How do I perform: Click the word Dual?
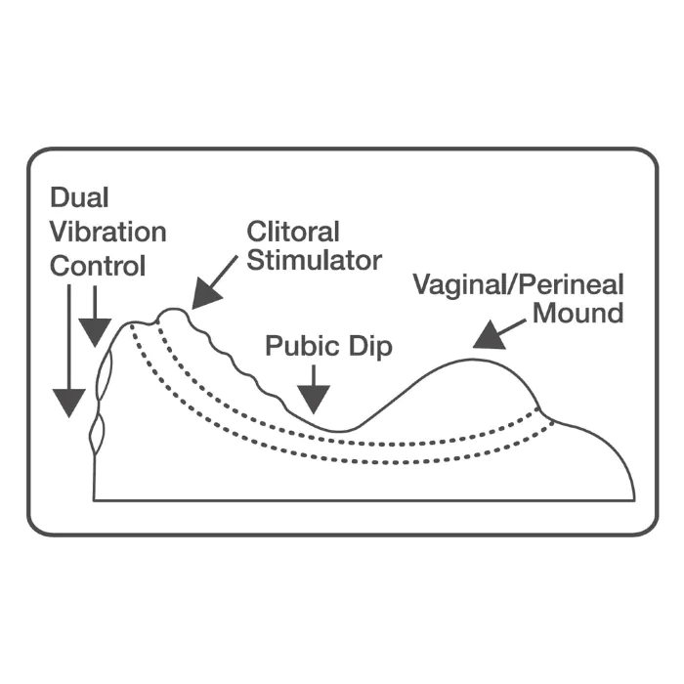pos(79,197)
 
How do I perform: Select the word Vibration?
pos(108,232)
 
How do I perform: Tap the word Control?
pos(98,266)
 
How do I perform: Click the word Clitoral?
pos(293,232)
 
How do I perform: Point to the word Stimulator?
pos(315,261)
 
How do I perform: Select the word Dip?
pos(370,347)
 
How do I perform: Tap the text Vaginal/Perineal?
pos(519,285)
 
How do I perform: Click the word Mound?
pos(578,314)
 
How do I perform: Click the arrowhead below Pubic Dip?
pos(314,399)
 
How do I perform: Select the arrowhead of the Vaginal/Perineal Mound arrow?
pos(490,336)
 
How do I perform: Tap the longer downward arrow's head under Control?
pos(69,403)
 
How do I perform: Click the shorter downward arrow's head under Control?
pos(95,332)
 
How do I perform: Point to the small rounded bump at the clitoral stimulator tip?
pos(174,312)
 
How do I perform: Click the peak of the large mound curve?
pos(471,360)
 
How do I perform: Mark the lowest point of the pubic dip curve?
pos(340,432)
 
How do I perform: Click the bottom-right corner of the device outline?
pos(635,500)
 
